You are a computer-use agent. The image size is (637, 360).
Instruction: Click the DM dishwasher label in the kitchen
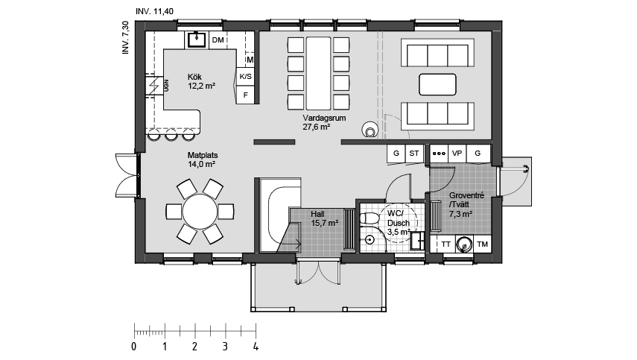point(218,40)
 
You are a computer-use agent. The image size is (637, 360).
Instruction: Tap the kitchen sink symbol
point(197,40)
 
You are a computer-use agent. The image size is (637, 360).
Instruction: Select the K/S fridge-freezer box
point(245,76)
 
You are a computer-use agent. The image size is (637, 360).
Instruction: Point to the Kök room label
point(194,77)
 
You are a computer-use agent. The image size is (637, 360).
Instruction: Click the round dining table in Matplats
point(200,212)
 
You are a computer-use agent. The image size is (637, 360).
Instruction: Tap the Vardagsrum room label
point(324,119)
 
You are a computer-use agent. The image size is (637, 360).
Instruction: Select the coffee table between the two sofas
point(437,84)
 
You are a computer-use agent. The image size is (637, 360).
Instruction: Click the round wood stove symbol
point(370,130)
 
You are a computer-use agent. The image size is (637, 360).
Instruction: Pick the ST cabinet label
point(414,154)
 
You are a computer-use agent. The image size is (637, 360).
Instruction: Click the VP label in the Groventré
point(457,154)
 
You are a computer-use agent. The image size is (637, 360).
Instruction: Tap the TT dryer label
point(446,244)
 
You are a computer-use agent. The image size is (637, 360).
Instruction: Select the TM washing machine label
point(482,244)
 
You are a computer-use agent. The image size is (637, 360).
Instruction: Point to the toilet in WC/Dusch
point(369,218)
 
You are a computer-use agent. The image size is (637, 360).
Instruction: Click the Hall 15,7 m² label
point(325,218)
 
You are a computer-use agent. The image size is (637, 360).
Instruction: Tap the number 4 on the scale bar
point(256,347)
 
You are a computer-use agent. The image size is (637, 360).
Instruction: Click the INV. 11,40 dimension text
point(154,11)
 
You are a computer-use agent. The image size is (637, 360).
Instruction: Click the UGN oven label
point(166,85)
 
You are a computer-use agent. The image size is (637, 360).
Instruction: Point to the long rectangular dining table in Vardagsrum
point(319,74)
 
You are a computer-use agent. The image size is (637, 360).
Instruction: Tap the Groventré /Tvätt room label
point(466,204)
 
